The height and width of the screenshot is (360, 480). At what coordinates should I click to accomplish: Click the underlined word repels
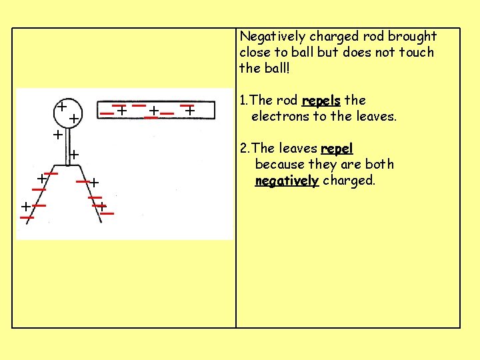321,101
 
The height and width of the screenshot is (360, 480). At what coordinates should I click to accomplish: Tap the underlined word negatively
287,180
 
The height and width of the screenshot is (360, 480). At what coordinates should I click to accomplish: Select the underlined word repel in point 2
337,148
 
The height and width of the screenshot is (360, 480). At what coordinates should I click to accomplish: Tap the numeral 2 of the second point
243,148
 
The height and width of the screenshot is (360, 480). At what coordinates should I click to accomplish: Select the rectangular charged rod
157,110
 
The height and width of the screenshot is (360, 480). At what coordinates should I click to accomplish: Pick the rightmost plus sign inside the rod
189,111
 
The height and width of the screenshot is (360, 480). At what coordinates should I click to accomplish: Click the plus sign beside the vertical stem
74,155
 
